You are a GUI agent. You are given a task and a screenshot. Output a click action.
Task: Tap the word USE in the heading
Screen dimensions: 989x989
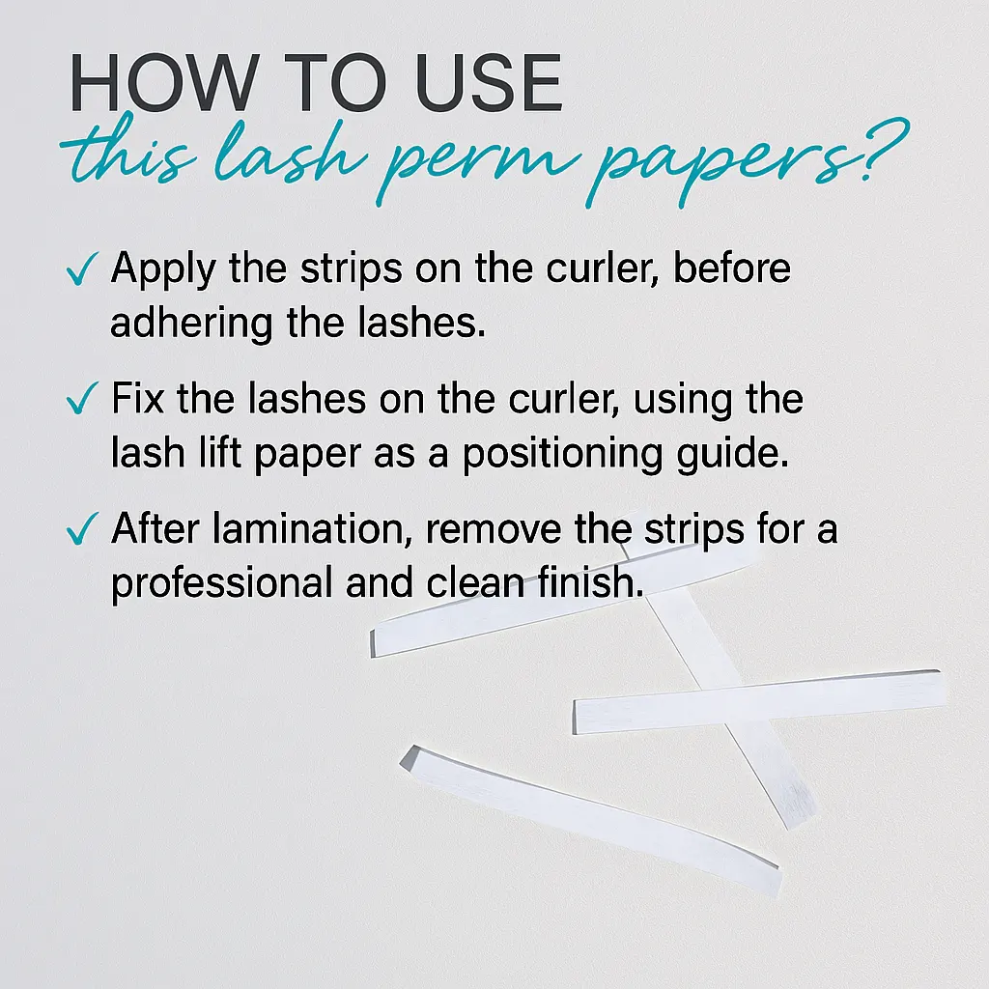click(489, 83)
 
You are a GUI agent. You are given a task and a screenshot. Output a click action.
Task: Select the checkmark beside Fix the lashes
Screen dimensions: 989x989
click(82, 398)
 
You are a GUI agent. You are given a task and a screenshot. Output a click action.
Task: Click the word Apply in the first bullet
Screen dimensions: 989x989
click(164, 270)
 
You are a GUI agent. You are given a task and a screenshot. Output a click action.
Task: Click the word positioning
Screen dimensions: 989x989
click(563, 455)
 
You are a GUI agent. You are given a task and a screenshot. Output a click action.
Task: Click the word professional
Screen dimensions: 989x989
click(222, 583)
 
